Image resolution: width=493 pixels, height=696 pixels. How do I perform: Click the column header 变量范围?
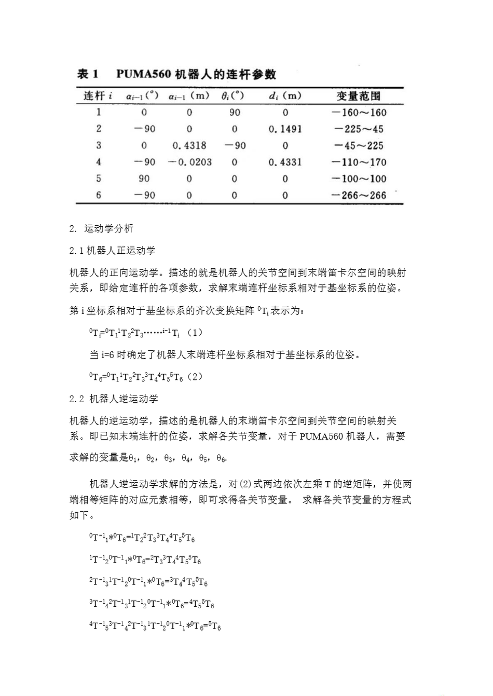[x=359, y=96]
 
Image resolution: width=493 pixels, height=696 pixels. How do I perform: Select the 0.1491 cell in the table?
[x=285, y=129]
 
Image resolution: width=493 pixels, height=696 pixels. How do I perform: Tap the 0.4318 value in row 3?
[x=189, y=146]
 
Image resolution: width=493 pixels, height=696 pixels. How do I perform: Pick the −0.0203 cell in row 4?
[x=190, y=162]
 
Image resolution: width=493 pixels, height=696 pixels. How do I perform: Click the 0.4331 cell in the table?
[x=285, y=162]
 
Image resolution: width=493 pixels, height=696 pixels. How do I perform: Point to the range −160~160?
[x=359, y=113]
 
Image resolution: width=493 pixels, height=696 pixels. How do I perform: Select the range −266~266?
[x=359, y=196]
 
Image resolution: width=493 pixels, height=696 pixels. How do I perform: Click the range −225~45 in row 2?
[x=359, y=129]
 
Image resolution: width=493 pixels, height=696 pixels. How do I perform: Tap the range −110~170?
[x=359, y=162]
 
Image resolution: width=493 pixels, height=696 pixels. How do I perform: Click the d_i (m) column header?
[x=285, y=96]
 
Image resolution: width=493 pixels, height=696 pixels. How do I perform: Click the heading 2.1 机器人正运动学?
[x=113, y=251]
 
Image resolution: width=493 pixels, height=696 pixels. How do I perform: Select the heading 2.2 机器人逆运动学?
[x=114, y=399]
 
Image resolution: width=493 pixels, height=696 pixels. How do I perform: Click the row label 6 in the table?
[x=99, y=196]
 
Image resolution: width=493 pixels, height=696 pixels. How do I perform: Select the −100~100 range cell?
[x=359, y=179]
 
